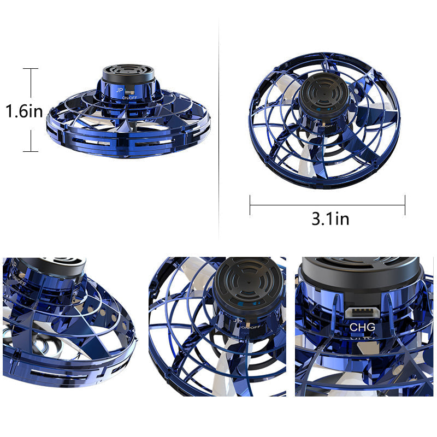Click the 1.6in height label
[x=24, y=111]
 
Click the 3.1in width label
[x=330, y=219]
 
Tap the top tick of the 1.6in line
[x=31, y=69]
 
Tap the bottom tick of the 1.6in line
[x=31, y=151]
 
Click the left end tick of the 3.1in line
[x=250, y=205]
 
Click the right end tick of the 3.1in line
[x=405, y=205]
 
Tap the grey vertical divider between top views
[x=219, y=126]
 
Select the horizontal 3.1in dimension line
[x=328, y=205]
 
